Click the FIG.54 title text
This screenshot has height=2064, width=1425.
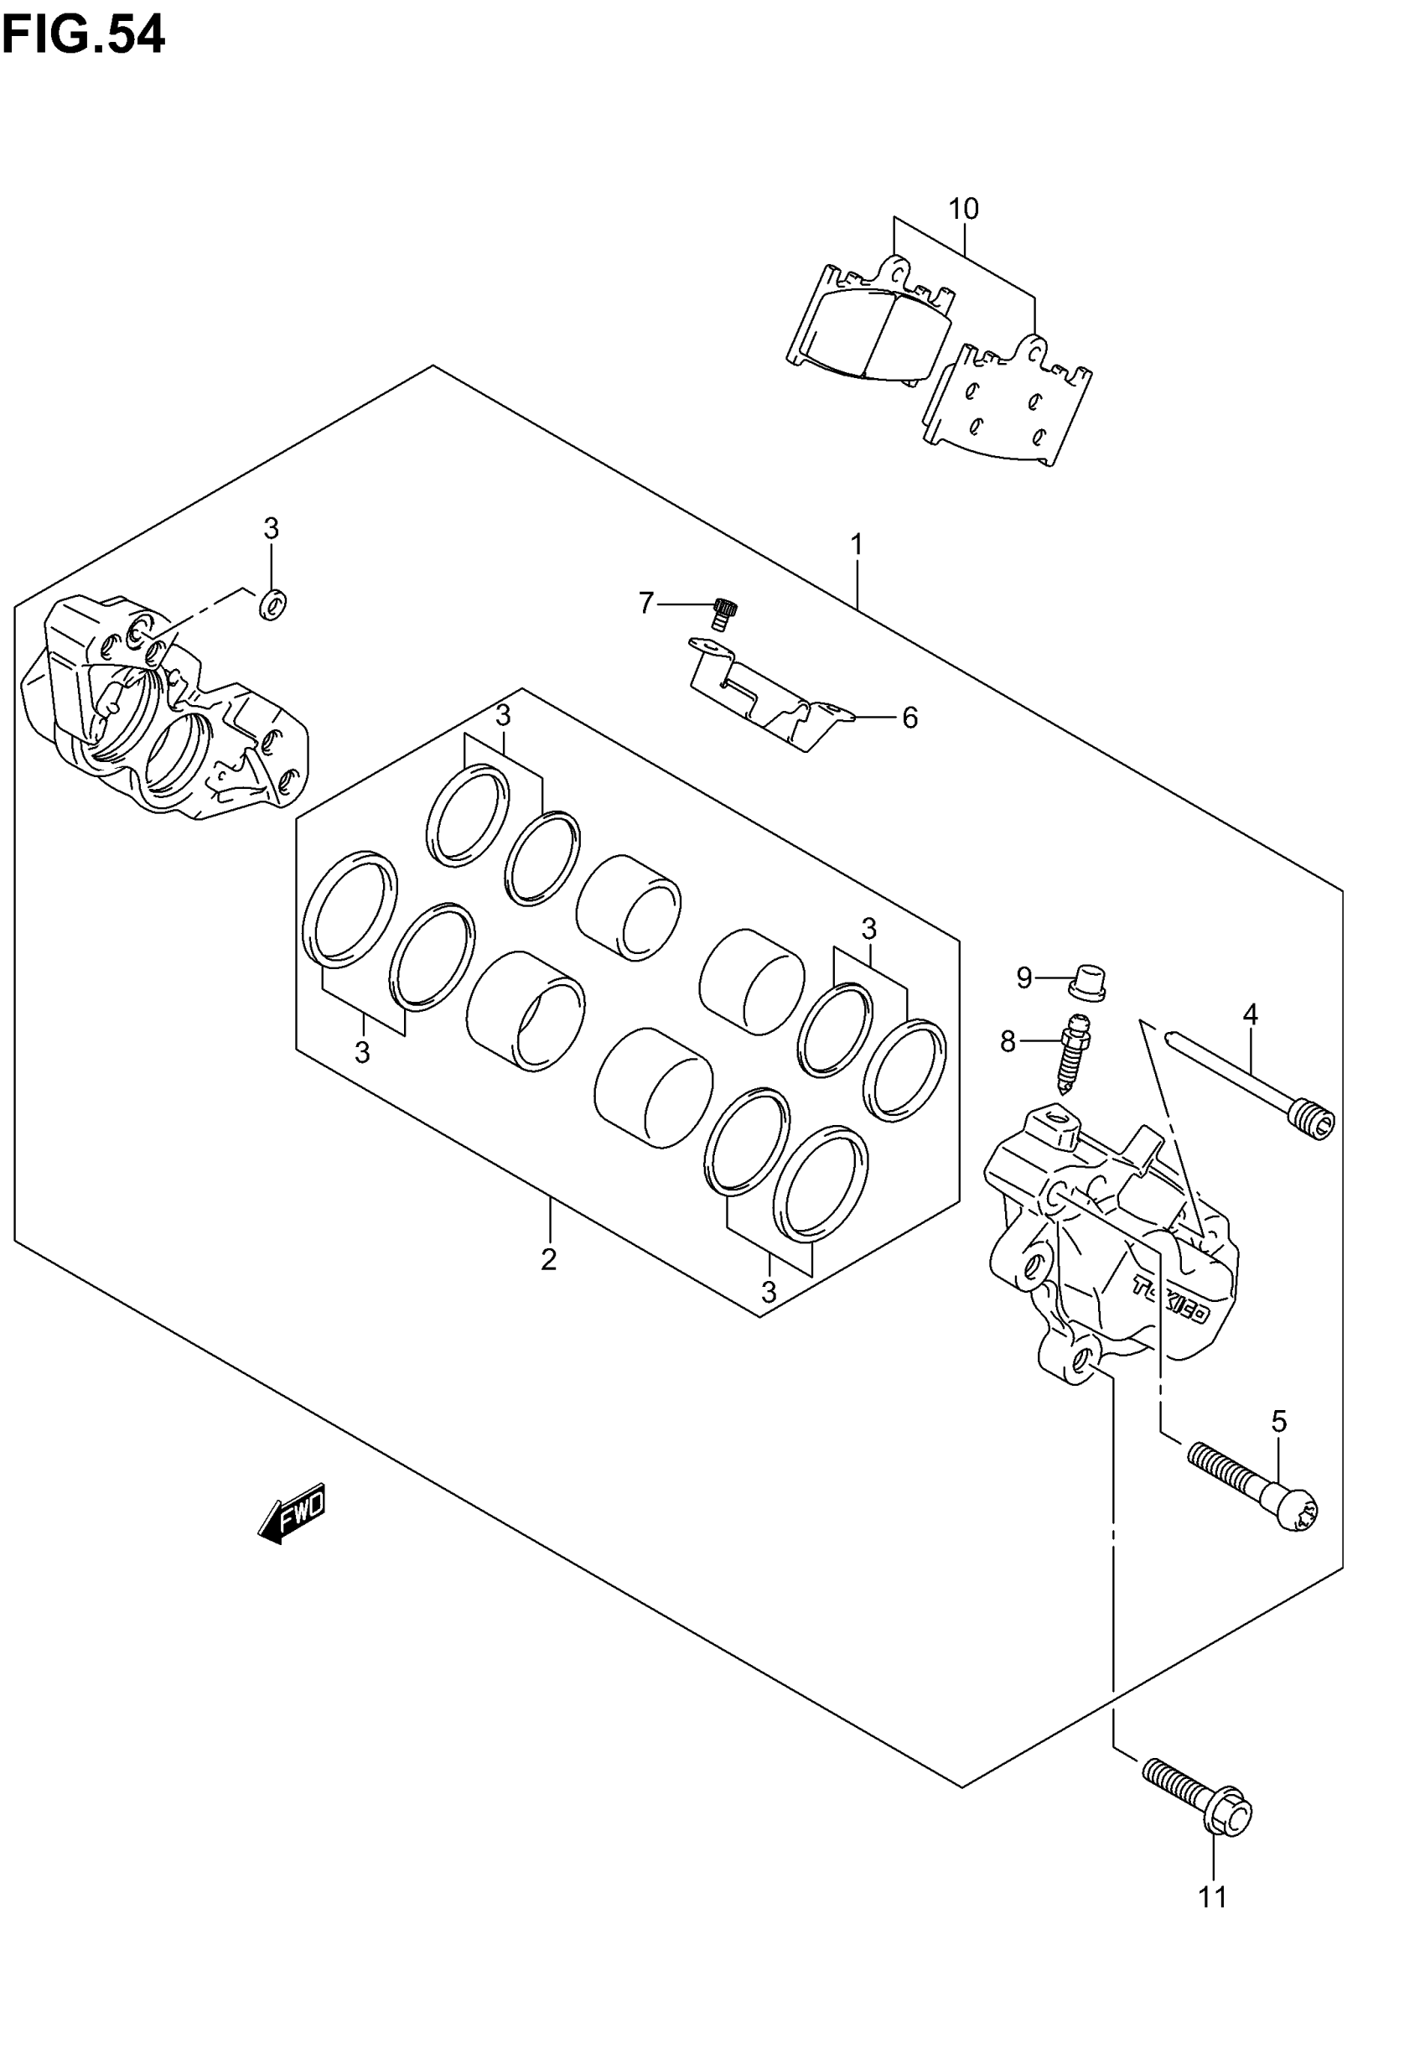point(83,36)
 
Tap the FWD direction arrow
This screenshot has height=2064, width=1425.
point(292,1512)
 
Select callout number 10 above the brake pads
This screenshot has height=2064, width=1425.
point(963,209)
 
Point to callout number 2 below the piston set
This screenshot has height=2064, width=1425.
point(548,1258)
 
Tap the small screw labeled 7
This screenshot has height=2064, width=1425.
point(723,615)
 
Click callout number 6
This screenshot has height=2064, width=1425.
point(909,718)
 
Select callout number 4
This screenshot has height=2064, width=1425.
point(1250,1014)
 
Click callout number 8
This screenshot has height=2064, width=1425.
point(1008,1041)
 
